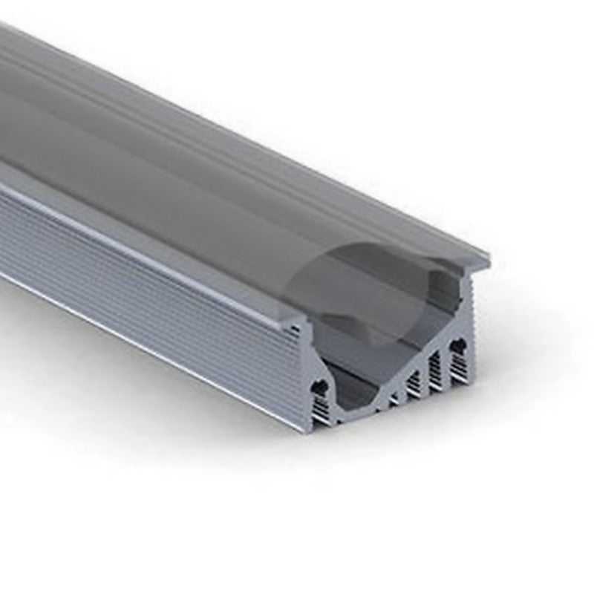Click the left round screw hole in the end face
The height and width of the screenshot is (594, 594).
[x=321, y=386]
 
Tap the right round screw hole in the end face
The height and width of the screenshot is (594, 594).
[x=459, y=345]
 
